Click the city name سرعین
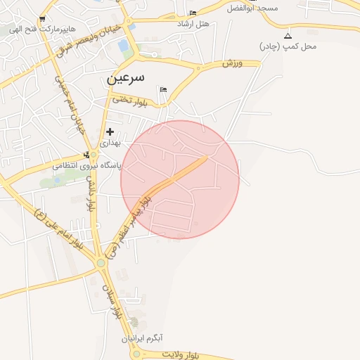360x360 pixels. (126, 77)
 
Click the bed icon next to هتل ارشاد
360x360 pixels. (193, 13)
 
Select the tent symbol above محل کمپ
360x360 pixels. (288, 35)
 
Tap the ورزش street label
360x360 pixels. (232, 64)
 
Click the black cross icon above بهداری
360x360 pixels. (110, 131)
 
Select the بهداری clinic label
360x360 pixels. (110, 143)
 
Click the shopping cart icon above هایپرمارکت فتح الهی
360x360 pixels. (43, 20)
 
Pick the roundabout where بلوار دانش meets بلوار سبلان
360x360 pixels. (101, 263)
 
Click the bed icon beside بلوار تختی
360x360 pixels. (164, 89)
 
